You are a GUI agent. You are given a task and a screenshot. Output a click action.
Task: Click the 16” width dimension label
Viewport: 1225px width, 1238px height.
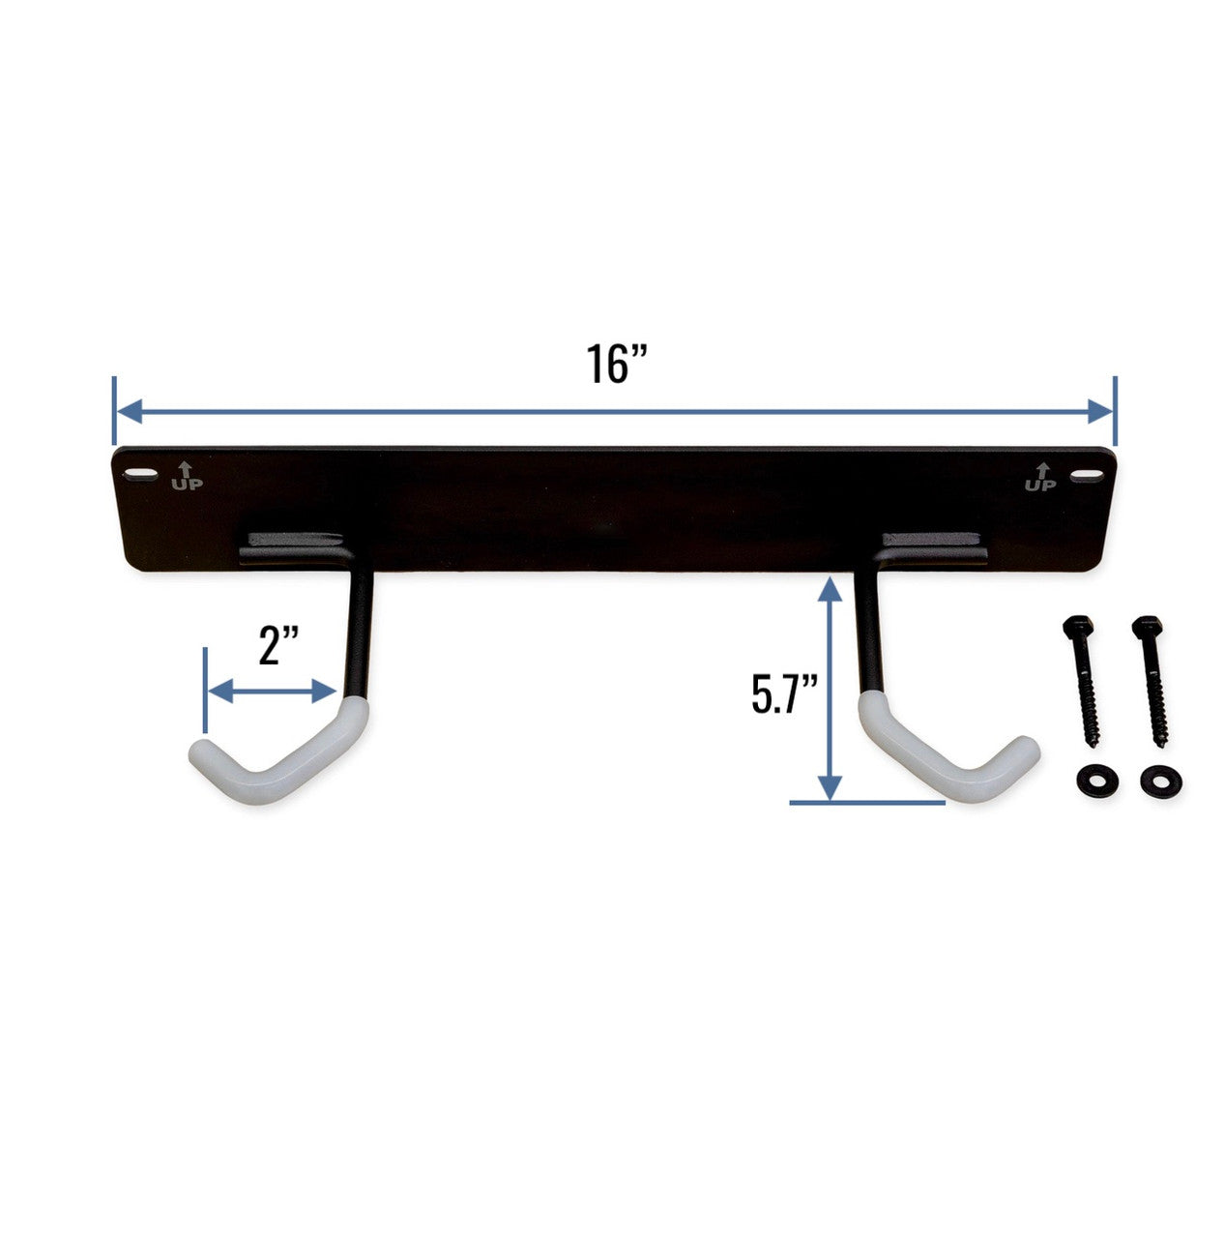[x=615, y=363]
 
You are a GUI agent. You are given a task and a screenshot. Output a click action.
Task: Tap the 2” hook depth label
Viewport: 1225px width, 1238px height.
[x=280, y=646]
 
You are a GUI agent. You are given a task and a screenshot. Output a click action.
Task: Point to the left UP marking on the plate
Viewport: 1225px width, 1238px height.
[x=187, y=477]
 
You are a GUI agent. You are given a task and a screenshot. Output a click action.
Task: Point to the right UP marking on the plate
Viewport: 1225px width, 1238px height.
[x=1040, y=477]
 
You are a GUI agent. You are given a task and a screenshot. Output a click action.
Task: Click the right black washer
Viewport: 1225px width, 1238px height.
[x=1155, y=780]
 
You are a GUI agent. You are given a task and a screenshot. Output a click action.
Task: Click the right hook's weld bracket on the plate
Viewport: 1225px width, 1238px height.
[x=934, y=545]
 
